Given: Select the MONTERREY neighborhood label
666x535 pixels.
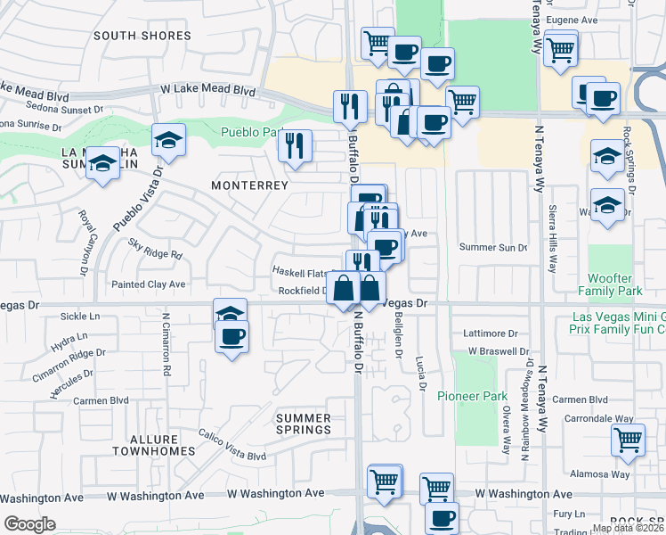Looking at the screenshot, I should coord(249,185).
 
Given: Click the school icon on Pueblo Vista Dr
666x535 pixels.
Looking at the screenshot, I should coord(168,140).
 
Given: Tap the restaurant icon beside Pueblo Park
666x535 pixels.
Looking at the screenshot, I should coord(295,144).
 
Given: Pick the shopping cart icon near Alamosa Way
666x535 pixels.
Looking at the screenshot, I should coord(628,440).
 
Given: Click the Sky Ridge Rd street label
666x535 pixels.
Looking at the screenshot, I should coord(155,249).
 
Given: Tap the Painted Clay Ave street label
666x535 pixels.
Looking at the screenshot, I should coord(148,284).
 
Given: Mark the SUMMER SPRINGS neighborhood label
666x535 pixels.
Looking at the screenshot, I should coord(303,424).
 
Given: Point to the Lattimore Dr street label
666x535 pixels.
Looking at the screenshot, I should coord(491,333).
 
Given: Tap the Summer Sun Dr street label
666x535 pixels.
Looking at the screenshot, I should coord(493,247).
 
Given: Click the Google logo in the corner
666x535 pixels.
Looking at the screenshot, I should coord(29,524).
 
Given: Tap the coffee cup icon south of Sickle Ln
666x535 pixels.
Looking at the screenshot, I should coord(231,336).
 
